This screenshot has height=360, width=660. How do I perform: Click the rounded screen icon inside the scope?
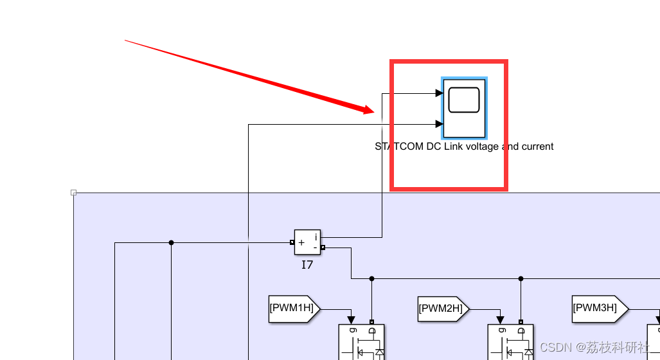(x=464, y=100)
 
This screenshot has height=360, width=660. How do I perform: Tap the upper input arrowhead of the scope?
(x=440, y=93)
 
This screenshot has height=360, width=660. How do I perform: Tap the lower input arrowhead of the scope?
(x=440, y=124)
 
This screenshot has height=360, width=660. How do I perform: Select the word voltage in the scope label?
(x=481, y=147)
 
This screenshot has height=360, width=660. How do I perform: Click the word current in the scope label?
(x=537, y=147)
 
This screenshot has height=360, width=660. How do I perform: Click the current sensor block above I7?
(x=307, y=242)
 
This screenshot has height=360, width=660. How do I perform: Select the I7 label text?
(x=307, y=264)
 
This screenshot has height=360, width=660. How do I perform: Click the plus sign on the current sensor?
(x=301, y=243)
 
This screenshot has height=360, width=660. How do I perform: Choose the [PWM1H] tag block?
(x=294, y=308)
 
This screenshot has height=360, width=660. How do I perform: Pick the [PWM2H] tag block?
(x=443, y=309)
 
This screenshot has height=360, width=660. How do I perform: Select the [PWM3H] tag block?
(x=597, y=308)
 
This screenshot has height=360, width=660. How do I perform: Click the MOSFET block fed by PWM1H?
(x=362, y=341)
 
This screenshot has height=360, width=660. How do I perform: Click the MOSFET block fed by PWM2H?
(x=510, y=341)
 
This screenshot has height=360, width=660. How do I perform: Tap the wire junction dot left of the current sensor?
(x=171, y=242)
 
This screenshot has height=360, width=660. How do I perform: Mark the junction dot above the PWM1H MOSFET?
(x=371, y=278)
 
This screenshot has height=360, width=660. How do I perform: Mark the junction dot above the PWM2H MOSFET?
(x=521, y=278)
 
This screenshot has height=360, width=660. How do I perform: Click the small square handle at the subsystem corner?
(x=73, y=192)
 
